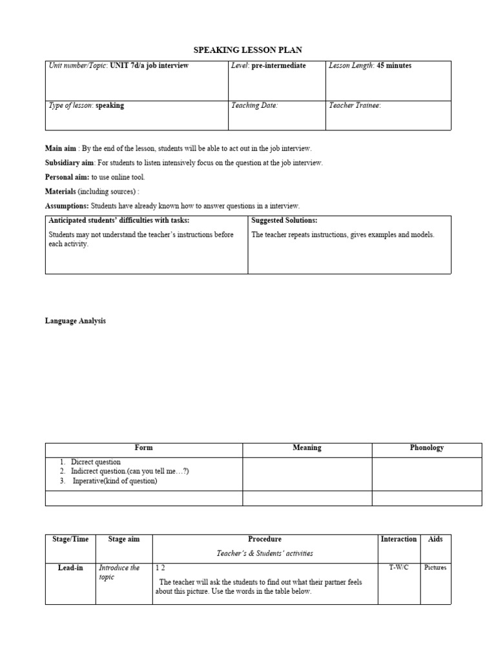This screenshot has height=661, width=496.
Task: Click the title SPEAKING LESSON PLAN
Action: [248, 50]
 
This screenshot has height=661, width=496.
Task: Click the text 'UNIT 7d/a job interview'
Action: [149, 66]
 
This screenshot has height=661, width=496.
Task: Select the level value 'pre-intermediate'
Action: [279, 66]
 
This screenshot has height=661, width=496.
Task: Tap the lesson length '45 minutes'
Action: [394, 66]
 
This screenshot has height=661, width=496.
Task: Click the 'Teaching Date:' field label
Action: [254, 105]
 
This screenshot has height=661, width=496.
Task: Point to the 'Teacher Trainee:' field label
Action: [355, 105]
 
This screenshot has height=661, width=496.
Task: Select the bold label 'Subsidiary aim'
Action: [70, 163]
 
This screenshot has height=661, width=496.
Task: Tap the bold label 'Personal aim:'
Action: [67, 177]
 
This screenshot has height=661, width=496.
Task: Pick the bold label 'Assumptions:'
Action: [67, 206]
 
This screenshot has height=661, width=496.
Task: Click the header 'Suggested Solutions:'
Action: [284, 221]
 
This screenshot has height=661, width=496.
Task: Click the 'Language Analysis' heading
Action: [76, 321]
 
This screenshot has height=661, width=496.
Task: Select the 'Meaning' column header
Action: [307, 448]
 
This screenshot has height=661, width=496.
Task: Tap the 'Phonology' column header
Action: [427, 448]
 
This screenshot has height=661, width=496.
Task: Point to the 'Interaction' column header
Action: [398, 539]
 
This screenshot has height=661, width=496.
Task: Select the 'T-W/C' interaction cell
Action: [398, 567]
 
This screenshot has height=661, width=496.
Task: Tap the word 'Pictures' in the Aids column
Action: [435, 567]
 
